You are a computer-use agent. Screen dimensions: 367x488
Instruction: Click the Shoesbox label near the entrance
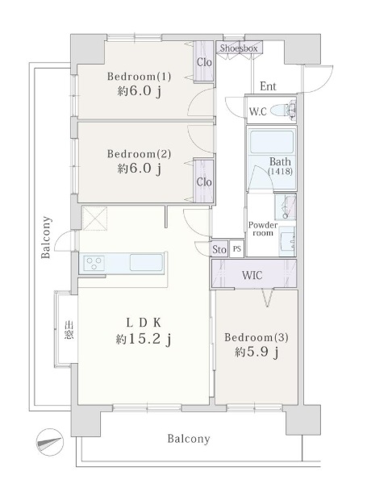pos(239,48)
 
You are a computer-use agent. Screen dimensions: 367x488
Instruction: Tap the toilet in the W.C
pos(283,110)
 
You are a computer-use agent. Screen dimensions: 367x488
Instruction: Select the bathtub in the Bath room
pos(272,142)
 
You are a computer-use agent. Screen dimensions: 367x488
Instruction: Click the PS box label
pos(237,249)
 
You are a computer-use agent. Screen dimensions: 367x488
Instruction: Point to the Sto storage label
pos(219,249)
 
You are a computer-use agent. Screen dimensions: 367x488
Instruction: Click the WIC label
pos(252,275)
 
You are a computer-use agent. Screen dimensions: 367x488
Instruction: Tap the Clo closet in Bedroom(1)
pos(204,61)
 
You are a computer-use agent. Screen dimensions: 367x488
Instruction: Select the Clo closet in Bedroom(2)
pos(204,181)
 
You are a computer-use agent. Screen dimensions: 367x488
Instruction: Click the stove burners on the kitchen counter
pos(94,263)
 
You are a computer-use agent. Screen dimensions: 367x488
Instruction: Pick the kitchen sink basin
pos(146,263)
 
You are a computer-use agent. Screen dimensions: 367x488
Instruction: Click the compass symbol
pos(50,442)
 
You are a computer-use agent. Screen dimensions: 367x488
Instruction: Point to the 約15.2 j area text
pos(144,340)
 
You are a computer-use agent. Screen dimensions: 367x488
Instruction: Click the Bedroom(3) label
pos(256,337)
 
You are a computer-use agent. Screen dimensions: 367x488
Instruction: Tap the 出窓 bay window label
pos(69,331)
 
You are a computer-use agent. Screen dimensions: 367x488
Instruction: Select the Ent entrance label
pos(268,86)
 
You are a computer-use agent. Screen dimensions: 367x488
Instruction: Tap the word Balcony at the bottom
pos(189,439)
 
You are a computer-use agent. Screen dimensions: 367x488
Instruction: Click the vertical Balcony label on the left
pos(46,237)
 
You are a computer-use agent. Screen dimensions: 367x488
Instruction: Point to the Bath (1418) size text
pos(280,171)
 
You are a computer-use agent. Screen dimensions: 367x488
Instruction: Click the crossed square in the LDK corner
pos(94,218)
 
